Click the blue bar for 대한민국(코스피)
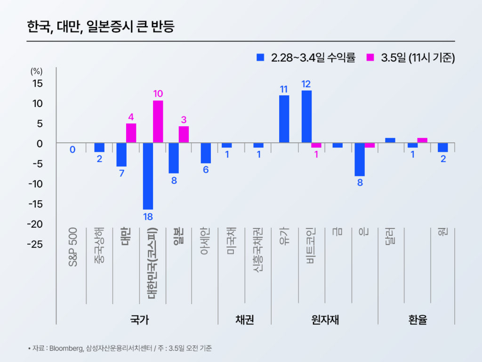coord(148,176)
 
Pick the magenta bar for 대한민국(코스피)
coord(158,122)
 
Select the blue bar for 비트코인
coord(306,116)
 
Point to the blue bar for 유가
coord(284,119)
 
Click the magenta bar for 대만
coord(131,133)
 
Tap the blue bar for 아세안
coord(205,153)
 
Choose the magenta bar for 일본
coord(184,134)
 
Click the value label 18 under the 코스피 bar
coord(148,217)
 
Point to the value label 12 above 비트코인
coord(306,84)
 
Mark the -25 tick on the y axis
coord(34,244)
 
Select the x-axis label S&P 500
coord(73,247)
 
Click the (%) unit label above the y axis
coord(36,71)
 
